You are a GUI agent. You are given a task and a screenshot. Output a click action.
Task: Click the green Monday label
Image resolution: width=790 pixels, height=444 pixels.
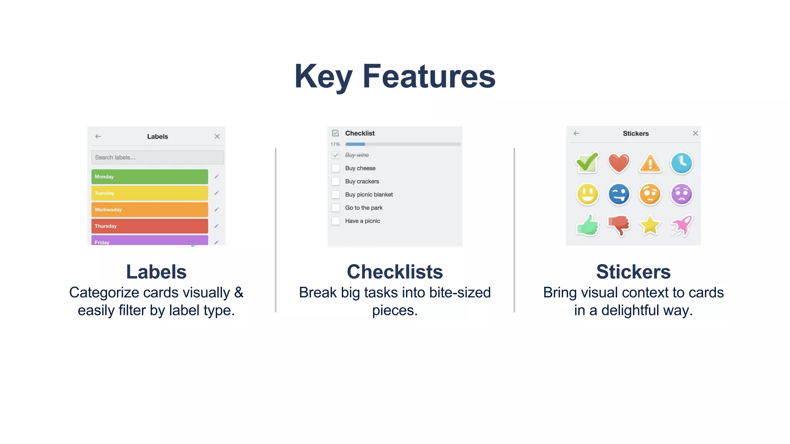150,177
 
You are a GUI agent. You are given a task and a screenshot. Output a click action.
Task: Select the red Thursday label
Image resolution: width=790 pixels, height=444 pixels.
150,226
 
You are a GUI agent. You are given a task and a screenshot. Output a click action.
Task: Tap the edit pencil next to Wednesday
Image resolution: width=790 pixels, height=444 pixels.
216,209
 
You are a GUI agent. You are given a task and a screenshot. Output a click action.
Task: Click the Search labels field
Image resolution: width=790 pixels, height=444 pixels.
157,157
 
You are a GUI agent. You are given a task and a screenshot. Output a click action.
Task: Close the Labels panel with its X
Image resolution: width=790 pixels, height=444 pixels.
217,136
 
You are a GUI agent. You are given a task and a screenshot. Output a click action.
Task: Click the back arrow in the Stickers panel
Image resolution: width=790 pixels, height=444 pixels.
576,133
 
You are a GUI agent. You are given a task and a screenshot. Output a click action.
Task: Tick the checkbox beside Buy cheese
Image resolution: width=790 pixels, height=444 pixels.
336,168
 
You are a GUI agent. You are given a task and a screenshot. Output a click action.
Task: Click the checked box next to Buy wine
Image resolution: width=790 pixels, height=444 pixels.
336,155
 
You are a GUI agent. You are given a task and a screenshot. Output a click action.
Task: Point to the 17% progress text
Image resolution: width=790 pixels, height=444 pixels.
335,144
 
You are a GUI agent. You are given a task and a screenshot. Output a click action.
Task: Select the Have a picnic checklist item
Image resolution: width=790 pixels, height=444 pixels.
363,221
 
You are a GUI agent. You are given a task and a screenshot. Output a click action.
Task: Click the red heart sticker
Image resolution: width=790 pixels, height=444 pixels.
619,163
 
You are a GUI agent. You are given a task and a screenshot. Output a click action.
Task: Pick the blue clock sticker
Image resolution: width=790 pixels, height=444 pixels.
681,163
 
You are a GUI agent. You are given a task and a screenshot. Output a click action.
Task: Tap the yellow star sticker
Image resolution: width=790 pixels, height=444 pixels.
650,225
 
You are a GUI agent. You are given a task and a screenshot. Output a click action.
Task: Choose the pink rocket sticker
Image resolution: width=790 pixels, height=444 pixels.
681,225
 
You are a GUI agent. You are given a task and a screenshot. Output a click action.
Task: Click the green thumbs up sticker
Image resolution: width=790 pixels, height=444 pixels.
587,225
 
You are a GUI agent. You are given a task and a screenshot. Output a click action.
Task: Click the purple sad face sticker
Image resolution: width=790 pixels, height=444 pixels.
681,194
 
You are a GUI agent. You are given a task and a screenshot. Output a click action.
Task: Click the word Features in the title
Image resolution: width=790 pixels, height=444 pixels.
429,76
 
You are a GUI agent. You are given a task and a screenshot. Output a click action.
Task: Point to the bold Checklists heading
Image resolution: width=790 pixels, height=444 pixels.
395,272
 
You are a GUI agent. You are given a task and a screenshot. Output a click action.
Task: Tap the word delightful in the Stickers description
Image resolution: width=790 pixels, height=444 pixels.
630,310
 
